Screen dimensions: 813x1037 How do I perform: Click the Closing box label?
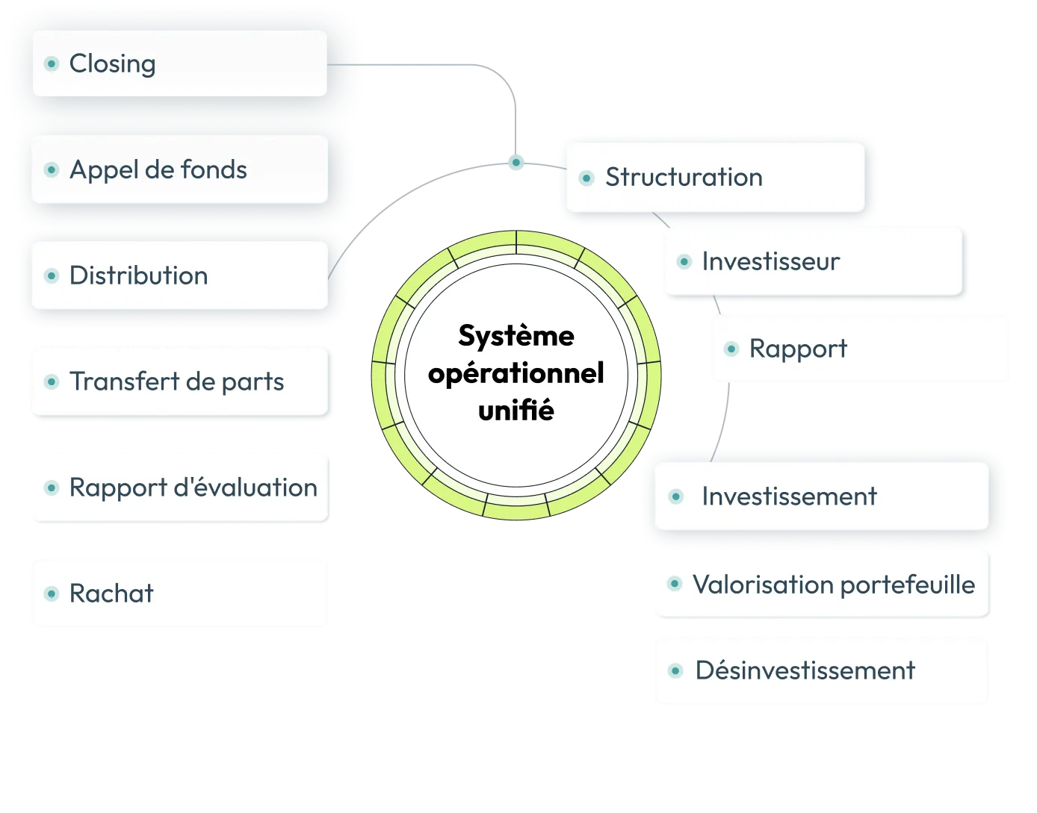pyautogui.click(x=112, y=64)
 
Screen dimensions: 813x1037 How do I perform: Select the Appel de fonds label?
pyautogui.click(x=158, y=170)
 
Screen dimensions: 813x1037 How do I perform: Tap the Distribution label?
pyautogui.click(x=138, y=276)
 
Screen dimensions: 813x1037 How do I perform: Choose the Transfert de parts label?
pyautogui.click(x=176, y=382)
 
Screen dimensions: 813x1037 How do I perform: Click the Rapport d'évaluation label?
pyautogui.click(x=193, y=488)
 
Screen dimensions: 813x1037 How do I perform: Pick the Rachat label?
pyautogui.click(x=111, y=594)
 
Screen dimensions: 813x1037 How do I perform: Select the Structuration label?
pyautogui.click(x=684, y=178)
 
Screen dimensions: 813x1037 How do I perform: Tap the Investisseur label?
pyautogui.click(x=770, y=262)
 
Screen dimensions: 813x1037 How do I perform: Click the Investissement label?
pyautogui.click(x=789, y=497)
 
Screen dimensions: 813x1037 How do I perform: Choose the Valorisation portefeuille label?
pyautogui.click(x=833, y=585)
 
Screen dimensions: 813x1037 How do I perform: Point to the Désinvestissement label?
pyautogui.click(x=805, y=671)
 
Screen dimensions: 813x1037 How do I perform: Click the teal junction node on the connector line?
pyautogui.click(x=516, y=162)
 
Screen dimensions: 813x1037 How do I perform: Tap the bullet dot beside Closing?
pyautogui.click(x=52, y=64)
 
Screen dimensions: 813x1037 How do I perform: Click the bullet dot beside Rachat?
pyautogui.click(x=52, y=594)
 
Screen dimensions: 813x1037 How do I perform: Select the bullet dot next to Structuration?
pyautogui.click(x=586, y=178)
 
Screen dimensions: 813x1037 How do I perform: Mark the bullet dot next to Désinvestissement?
pyautogui.click(x=675, y=671)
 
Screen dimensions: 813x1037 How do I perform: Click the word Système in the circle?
pyautogui.click(x=516, y=336)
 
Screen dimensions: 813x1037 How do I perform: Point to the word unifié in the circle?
pyautogui.click(x=516, y=411)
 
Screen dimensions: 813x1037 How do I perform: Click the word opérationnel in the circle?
pyautogui.click(x=516, y=373)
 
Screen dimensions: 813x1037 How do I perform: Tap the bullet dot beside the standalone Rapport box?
pyautogui.click(x=731, y=349)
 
